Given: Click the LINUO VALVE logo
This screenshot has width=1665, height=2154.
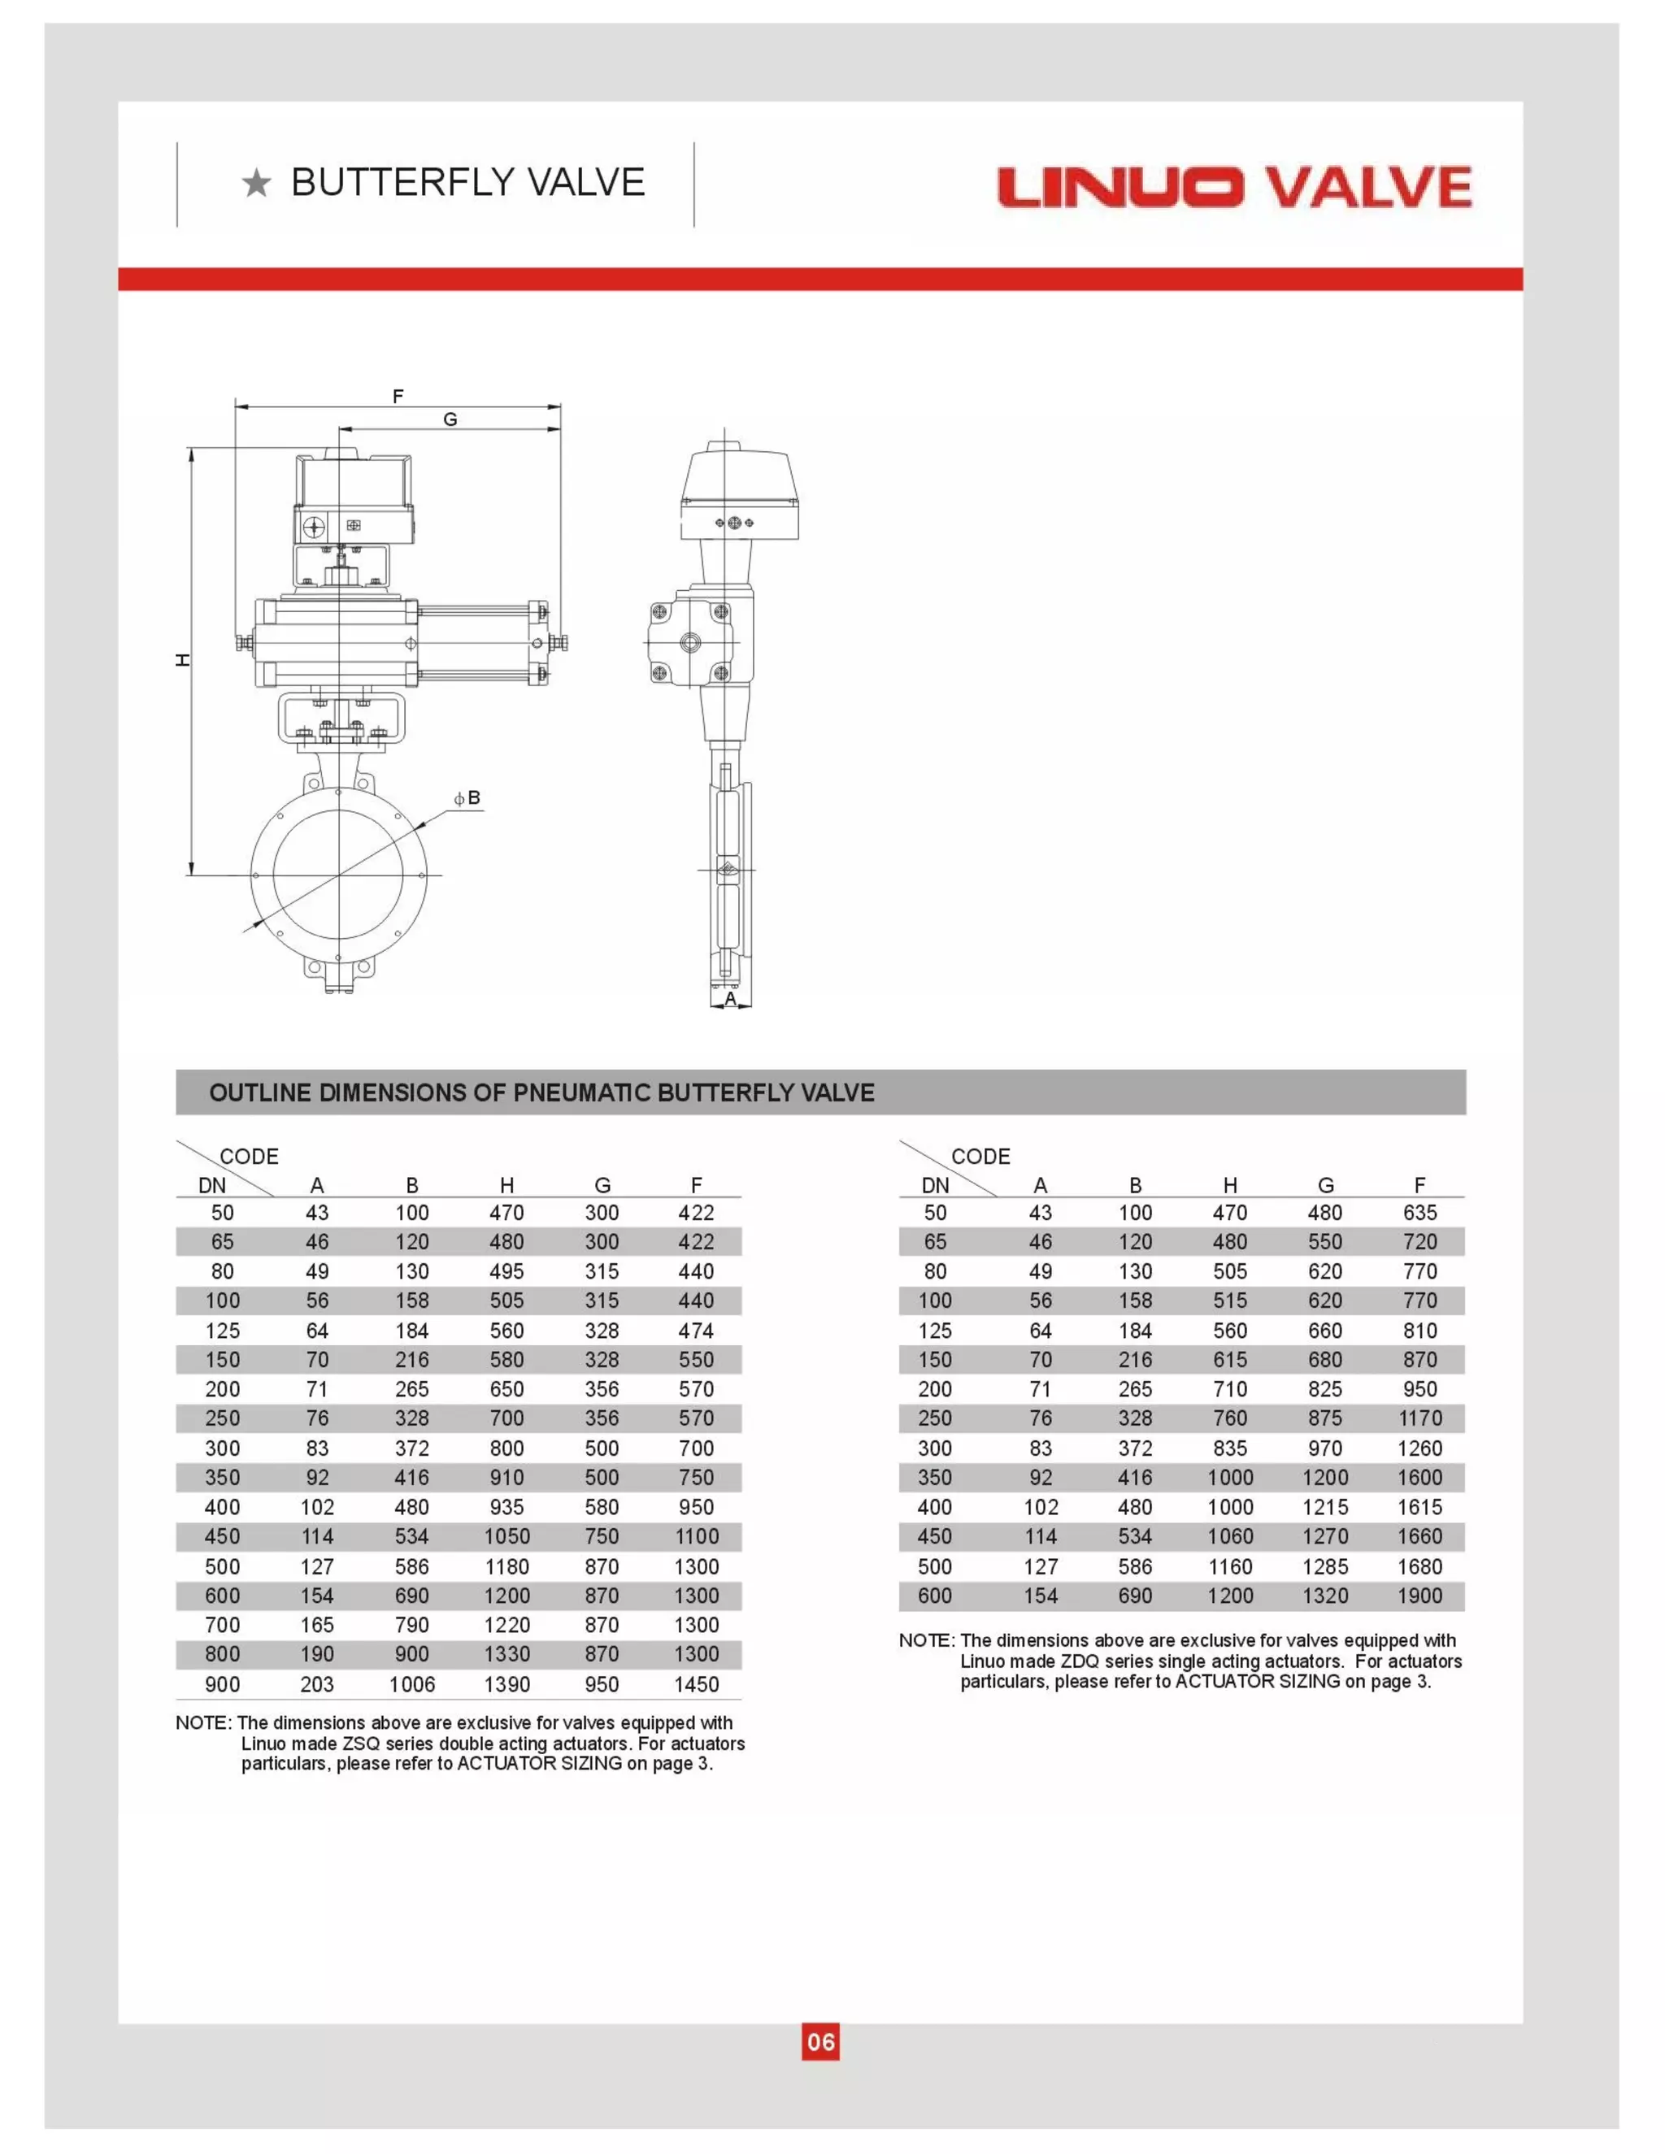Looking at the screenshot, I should (1234, 188).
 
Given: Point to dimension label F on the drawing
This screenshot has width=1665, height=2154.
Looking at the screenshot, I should (398, 397).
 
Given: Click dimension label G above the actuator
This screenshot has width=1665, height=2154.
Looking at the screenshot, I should (450, 419).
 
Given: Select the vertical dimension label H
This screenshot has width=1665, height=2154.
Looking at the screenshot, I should (182, 660).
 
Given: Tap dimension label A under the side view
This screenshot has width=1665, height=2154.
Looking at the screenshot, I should (730, 998).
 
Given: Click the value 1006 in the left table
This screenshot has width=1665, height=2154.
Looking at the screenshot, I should (411, 1683).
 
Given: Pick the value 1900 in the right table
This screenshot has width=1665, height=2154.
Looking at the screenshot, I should (1419, 1595).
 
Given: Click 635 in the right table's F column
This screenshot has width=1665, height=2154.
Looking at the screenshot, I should (1419, 1212).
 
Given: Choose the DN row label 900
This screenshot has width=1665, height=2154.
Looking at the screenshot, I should (222, 1683).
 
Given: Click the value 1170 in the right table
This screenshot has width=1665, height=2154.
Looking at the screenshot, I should (1419, 1418).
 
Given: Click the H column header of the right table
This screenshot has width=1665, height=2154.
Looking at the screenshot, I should (1230, 1185).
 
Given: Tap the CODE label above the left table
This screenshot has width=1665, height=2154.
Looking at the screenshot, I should (249, 1156).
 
